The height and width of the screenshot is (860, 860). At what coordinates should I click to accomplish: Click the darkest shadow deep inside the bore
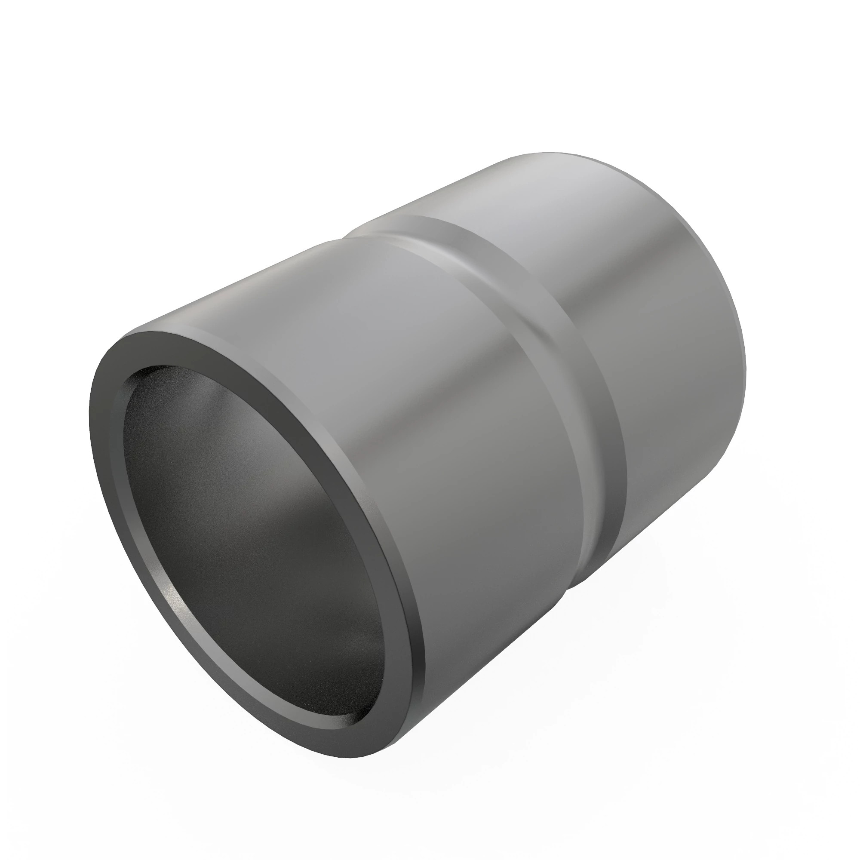click(276, 601)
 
